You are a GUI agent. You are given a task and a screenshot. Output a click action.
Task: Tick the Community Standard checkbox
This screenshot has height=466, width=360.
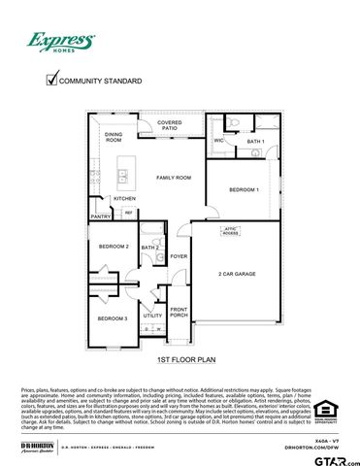click(52, 81)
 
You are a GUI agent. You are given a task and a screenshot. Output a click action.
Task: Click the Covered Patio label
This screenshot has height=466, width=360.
click(170, 125)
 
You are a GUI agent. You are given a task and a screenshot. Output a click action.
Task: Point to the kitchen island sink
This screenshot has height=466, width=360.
click(124, 177)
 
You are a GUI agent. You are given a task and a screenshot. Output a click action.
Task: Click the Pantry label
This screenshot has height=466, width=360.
click(101, 216)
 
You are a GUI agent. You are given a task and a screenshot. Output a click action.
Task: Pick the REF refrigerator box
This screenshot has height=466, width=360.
click(128, 213)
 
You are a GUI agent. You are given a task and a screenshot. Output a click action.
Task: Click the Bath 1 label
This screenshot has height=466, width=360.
click(255, 142)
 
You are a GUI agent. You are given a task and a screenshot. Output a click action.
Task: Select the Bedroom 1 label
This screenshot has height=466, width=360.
click(244, 189)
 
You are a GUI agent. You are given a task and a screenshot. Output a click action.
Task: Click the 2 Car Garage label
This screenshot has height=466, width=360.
click(237, 274)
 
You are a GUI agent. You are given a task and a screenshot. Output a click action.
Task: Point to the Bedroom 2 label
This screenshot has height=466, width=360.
click(114, 247)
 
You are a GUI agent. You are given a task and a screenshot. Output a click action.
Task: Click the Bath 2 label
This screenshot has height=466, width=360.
click(149, 248)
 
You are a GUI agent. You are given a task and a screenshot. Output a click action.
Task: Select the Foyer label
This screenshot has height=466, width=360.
click(179, 256)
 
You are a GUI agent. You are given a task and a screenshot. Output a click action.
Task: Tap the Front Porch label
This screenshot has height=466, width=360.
click(179, 313)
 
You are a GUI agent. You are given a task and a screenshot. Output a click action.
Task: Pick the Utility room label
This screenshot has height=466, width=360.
click(152, 316)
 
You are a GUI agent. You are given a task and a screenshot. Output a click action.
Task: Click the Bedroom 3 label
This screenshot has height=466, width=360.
click(113, 318)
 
